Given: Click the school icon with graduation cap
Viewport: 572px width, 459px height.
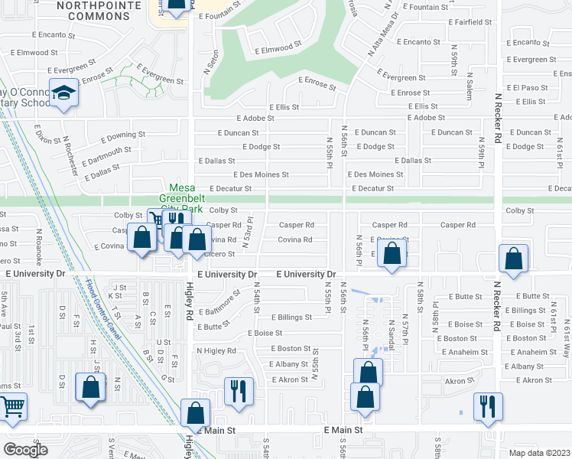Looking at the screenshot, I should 65,93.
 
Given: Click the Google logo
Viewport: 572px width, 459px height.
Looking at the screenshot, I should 25,449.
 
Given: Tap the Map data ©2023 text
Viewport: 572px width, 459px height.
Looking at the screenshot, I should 539,453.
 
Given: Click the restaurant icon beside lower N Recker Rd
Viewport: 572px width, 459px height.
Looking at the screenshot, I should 488,407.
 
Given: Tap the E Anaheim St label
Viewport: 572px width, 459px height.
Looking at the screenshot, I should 533,352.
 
